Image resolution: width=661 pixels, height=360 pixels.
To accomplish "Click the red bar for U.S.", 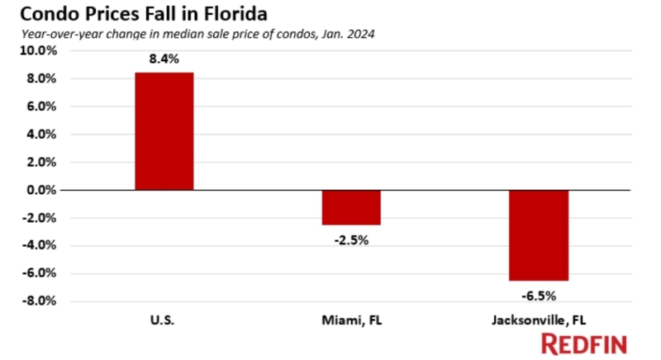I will click(x=164, y=131).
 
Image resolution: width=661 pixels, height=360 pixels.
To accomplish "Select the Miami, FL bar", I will click(x=351, y=207).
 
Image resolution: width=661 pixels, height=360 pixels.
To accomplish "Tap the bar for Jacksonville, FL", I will click(x=538, y=235).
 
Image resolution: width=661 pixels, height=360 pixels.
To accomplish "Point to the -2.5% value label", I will click(x=351, y=240).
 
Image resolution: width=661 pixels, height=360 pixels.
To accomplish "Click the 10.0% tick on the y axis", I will click(x=38, y=50).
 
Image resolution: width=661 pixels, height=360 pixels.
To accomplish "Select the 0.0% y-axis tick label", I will click(x=41, y=190).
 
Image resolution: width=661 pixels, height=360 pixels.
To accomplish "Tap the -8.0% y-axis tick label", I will click(x=39, y=301).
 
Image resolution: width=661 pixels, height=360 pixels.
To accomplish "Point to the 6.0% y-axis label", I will click(x=41, y=107).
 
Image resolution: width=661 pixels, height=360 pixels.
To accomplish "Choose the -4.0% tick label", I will click(x=39, y=245).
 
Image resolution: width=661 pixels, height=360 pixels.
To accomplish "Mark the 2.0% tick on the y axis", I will click(x=41, y=162).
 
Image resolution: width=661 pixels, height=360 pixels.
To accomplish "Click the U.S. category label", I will click(x=164, y=319).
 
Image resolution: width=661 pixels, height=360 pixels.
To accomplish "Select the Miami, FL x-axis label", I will click(x=351, y=319).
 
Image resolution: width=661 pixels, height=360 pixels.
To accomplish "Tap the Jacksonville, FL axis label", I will click(x=538, y=319).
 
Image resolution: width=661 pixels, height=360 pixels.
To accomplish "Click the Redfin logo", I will click(x=583, y=343).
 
